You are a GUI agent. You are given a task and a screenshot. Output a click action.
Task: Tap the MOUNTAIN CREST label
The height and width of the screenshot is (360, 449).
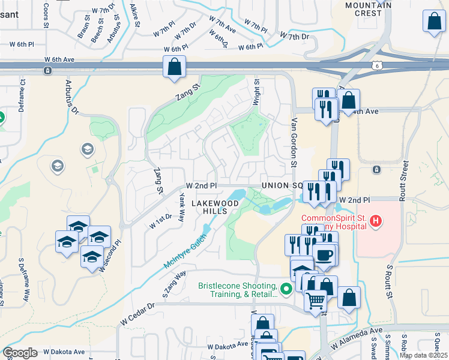click(369, 9)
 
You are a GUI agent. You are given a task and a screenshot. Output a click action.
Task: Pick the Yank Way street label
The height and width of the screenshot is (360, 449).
click(181, 207)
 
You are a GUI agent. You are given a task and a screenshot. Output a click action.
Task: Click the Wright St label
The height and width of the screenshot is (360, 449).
click(256, 93)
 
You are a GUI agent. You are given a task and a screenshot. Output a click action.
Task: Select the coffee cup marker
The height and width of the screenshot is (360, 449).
click(324, 254)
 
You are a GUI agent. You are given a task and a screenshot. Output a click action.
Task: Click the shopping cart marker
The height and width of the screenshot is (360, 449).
click(315, 299)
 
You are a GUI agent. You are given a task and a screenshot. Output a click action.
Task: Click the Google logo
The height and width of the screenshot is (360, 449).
click(20, 353)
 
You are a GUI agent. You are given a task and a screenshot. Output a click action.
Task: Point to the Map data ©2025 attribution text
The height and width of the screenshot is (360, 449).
click(423, 355)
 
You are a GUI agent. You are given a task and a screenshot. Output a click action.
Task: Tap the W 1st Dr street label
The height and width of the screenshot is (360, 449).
click(161, 222)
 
